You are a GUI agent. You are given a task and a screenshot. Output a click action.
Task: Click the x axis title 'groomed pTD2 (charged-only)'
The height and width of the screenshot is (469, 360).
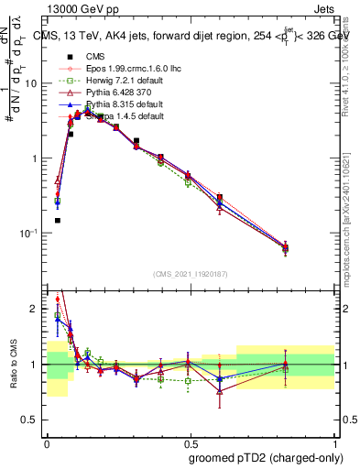click(x=265, y=457)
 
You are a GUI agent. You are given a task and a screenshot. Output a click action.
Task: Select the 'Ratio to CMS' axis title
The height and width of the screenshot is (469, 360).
click(x=12, y=364)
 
